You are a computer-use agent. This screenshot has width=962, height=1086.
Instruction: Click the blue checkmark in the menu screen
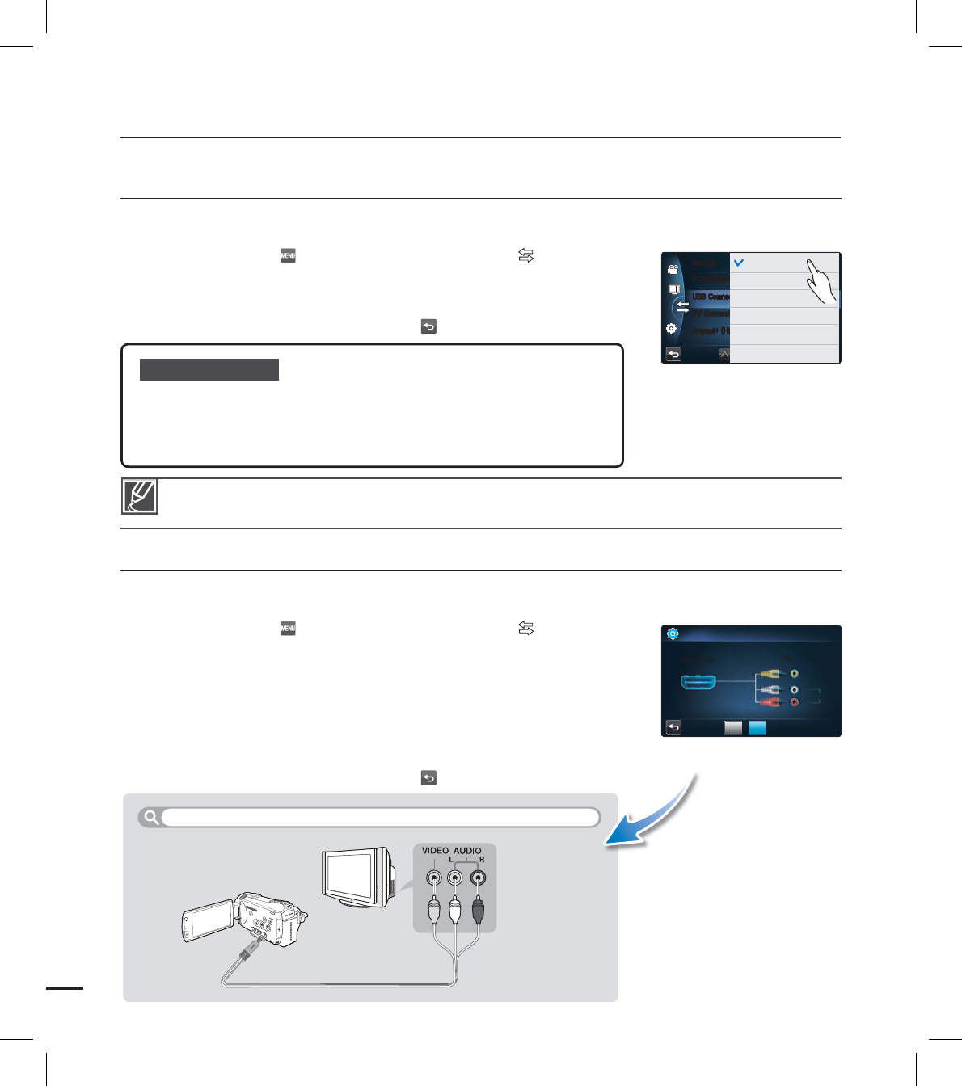(x=738, y=263)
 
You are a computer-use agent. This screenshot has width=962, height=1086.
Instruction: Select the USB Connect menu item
(x=711, y=297)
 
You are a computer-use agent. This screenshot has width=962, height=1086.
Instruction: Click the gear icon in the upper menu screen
(x=671, y=329)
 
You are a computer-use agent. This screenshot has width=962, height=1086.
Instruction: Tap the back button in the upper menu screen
(x=673, y=354)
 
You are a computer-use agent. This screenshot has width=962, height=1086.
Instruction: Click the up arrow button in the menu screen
(x=724, y=354)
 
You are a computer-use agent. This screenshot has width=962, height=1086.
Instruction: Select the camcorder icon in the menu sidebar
(x=673, y=270)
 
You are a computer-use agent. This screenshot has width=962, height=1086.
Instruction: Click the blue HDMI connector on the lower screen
(x=698, y=683)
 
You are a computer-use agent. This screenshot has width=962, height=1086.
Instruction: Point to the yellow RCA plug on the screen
(x=770, y=672)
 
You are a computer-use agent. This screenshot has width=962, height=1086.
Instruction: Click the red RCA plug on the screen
(x=770, y=702)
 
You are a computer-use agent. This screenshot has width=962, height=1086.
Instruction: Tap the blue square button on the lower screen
(x=757, y=727)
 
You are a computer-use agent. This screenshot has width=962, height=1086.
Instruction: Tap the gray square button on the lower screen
(x=733, y=727)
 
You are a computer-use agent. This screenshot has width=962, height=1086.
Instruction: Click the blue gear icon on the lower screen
(x=673, y=634)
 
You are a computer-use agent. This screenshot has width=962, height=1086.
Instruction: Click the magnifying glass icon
(x=150, y=817)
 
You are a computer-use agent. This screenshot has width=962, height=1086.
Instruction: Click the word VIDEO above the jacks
(x=435, y=851)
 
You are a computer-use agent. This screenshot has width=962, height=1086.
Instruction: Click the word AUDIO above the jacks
(x=467, y=851)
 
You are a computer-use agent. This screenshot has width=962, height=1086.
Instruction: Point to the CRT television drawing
(x=358, y=878)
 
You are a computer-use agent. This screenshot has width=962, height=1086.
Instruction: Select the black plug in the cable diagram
(x=479, y=909)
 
